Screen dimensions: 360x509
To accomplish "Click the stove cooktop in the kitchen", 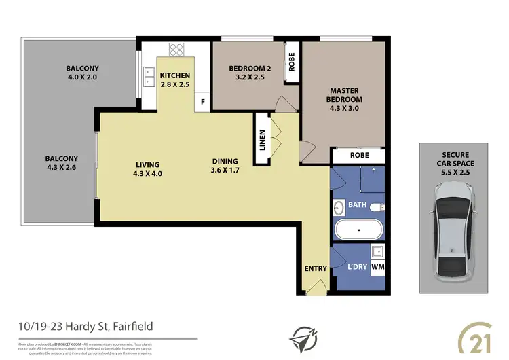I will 176,49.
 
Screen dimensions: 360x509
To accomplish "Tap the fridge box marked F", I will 202,103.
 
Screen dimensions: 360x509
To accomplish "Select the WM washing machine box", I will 378,267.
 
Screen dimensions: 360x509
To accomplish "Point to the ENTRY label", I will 316,268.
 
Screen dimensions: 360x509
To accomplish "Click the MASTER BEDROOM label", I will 344,94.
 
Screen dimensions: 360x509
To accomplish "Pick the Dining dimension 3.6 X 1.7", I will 225,170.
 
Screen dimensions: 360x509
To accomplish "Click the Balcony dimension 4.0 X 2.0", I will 82,78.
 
